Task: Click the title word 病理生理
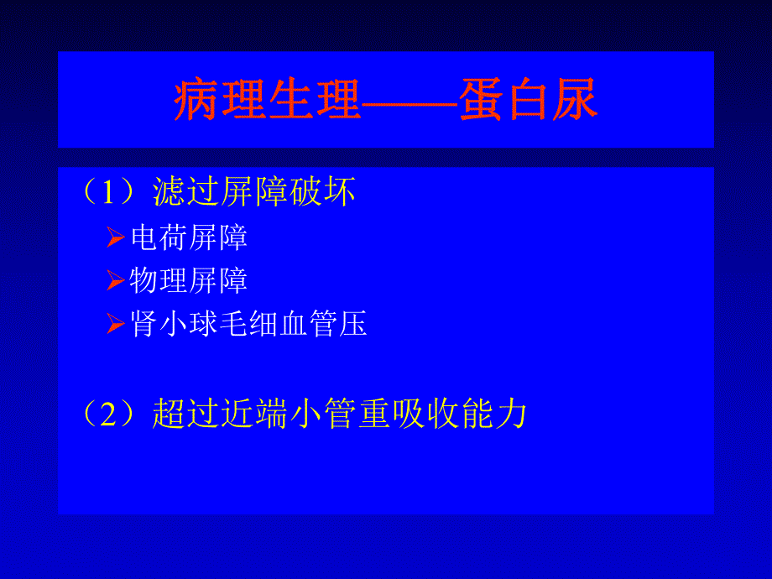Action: coord(267,101)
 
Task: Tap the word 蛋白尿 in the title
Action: coord(528,101)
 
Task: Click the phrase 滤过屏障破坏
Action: coord(254,193)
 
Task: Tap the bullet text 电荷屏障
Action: coord(189,238)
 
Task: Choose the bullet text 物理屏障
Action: coord(189,281)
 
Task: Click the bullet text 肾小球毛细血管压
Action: coord(248,324)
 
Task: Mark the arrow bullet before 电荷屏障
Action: coord(116,239)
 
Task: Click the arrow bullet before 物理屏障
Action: coord(116,282)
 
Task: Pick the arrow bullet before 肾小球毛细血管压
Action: coord(116,325)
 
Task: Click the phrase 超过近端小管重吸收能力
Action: coord(339,415)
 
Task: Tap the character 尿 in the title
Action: coord(575,101)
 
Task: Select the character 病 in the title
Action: coord(196,101)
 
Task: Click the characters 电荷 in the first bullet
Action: coord(159,238)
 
